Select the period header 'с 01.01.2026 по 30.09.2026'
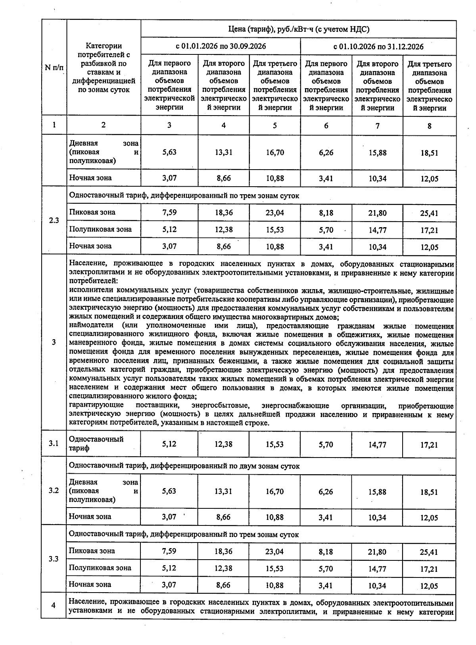pos(221,46)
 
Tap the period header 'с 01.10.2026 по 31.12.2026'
pos(378,46)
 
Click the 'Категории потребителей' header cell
pos(104,68)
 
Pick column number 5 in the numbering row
pos(275,126)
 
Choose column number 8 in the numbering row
pos(429,126)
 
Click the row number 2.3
pos(54,220)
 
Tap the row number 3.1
pos(54,443)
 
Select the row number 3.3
pos(54,559)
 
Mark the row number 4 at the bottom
pos(54,605)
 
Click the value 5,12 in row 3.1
pos(169,444)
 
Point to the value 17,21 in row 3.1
pos(429,445)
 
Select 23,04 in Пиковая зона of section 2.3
pos(275,212)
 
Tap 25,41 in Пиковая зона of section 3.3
pos(429,552)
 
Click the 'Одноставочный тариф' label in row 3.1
pos(96,443)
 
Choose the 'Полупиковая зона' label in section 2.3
pos(100,229)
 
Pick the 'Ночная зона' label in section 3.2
pos(90,516)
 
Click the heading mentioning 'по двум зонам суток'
pos(184,466)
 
